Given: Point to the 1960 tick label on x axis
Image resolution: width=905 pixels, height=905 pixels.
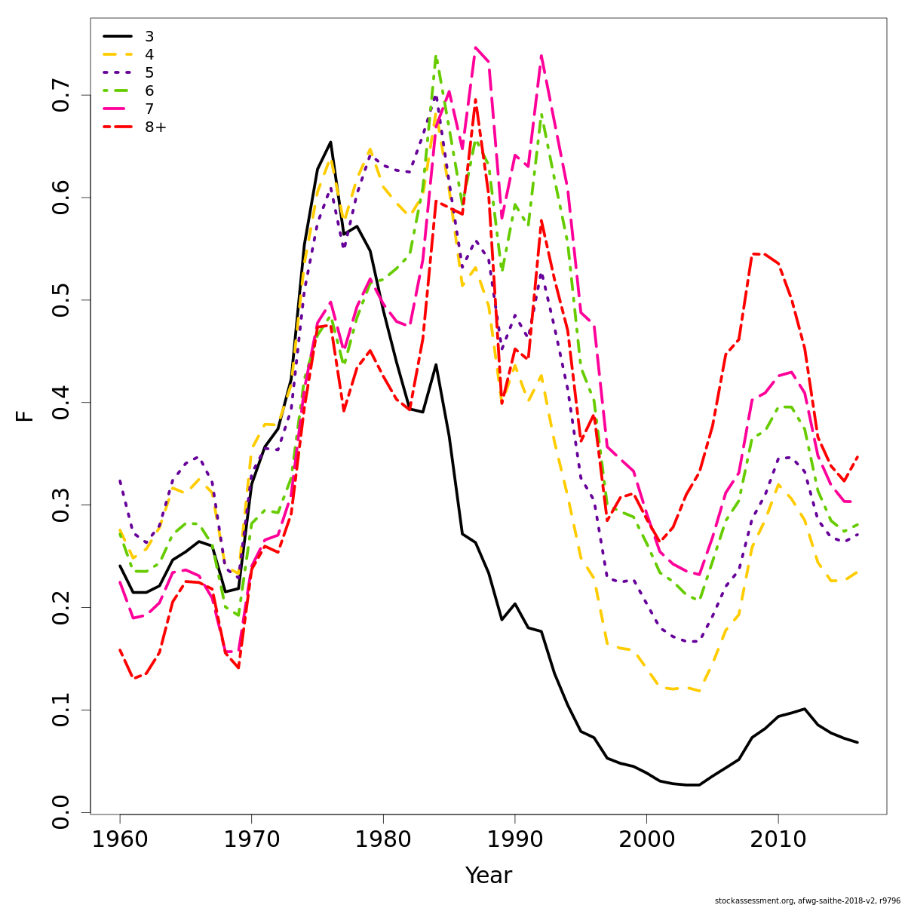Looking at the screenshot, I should tap(120, 839).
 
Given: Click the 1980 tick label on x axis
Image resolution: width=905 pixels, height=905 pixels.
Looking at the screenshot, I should tap(383, 839).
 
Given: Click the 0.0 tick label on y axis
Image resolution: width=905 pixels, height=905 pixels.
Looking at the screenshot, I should tap(62, 812).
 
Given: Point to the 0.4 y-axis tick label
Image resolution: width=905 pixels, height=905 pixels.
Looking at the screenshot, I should tap(62, 402).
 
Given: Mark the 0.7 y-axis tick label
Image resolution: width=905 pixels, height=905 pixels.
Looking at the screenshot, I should tap(62, 95).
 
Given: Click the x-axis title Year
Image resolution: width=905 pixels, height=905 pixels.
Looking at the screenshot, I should tap(488, 876).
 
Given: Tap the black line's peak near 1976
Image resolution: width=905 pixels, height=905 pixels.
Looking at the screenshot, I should tap(330, 142).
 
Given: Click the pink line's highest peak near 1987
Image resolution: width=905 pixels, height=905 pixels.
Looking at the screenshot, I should tap(475, 48).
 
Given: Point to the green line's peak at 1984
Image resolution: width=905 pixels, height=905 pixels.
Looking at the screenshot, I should tap(436, 56).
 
